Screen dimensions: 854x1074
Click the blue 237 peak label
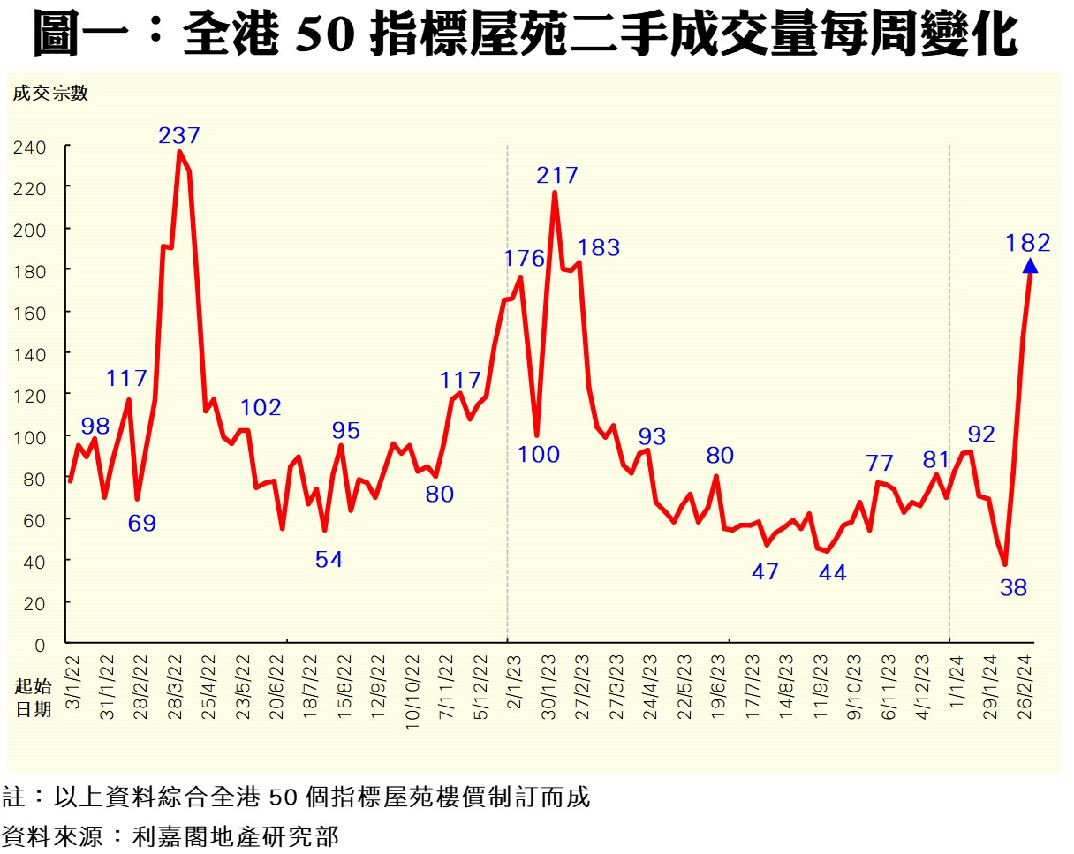click(179, 136)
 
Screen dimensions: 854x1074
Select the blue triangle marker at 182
click(1030, 266)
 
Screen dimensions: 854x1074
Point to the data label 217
click(557, 176)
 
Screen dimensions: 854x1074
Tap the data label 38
click(1014, 587)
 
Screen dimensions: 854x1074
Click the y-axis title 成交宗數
click(50, 94)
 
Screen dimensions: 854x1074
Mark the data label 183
click(599, 248)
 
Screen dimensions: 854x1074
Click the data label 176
click(526, 259)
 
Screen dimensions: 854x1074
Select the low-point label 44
click(832, 573)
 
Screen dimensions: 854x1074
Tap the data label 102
click(261, 408)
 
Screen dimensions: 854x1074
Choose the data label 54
click(329, 559)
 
